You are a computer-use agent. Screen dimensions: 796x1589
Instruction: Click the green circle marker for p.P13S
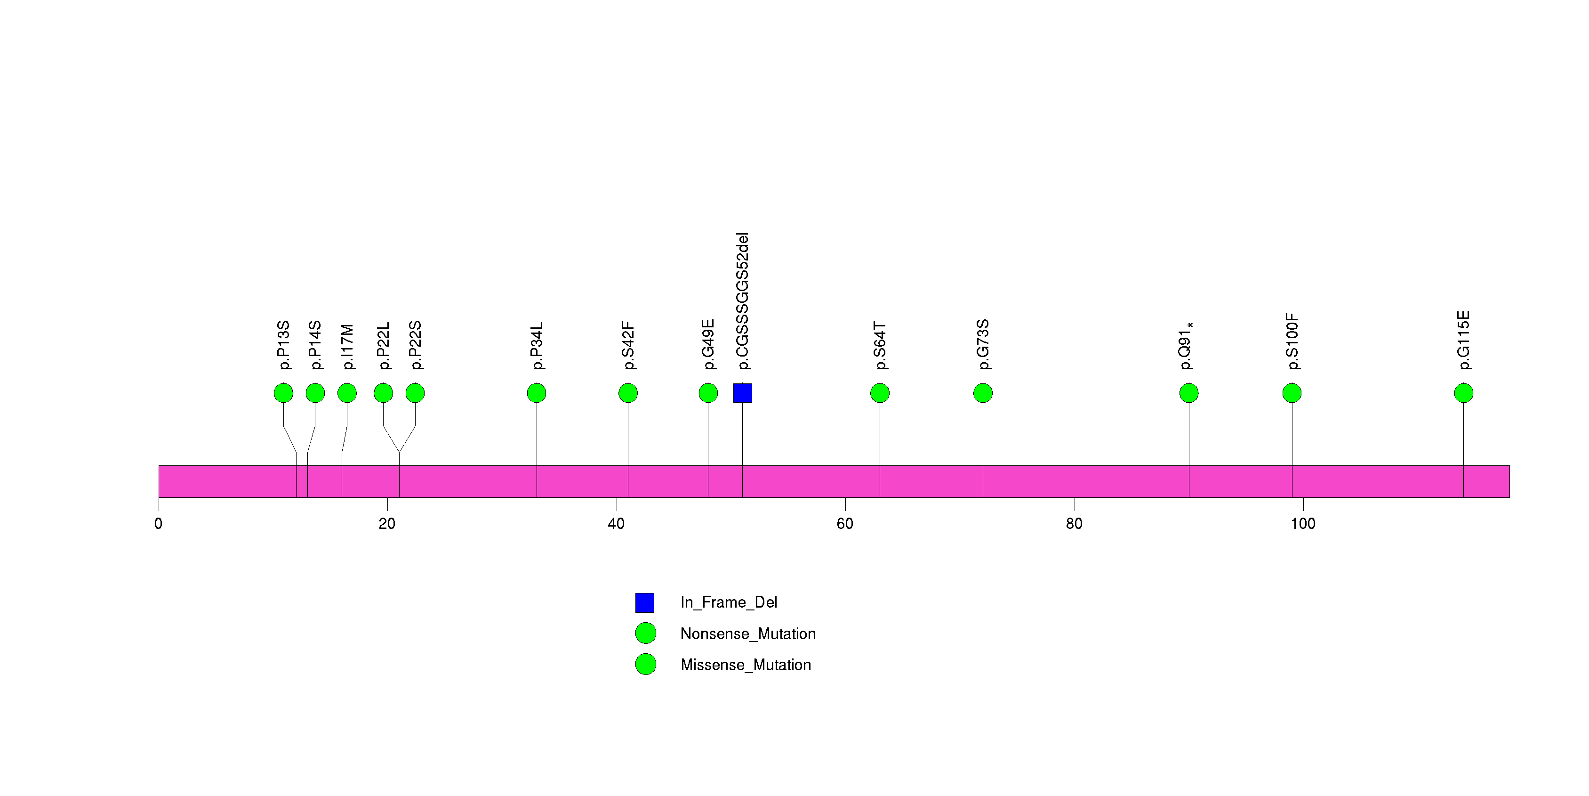283,393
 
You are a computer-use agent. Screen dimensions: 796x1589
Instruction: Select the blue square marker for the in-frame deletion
742,393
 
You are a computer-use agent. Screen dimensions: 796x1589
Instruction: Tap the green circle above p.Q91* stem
1188,393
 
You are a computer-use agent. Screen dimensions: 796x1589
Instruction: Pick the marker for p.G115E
1463,393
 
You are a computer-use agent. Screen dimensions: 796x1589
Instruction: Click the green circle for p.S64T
880,393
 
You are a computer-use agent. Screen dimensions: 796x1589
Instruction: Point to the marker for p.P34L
537,393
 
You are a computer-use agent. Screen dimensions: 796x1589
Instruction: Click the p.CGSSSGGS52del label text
742,301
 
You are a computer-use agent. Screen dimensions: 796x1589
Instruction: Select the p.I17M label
347,347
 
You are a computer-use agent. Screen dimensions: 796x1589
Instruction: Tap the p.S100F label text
1292,341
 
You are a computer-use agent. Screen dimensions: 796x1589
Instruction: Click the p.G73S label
983,344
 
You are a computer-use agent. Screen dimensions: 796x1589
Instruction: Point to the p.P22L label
383,346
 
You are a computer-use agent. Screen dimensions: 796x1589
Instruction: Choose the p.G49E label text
708,344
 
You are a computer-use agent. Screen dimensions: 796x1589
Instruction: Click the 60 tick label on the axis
845,524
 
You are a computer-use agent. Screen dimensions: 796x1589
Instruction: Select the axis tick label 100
1303,524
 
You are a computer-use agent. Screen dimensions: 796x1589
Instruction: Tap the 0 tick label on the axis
159,524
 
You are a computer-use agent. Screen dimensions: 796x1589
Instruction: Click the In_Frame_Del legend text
729,602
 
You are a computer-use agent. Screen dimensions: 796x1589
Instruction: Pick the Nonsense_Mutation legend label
747,634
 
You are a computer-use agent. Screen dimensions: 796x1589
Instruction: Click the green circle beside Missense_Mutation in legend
645,665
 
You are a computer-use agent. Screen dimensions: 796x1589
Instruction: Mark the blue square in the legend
645,602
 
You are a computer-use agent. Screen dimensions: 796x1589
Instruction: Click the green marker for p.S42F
628,393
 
